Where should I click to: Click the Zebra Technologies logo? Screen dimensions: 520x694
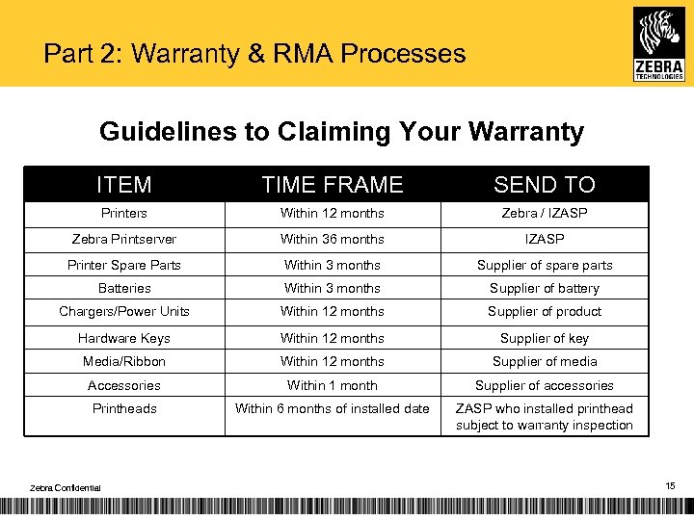[x=658, y=42]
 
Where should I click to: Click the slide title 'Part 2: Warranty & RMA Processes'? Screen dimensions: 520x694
[x=254, y=53]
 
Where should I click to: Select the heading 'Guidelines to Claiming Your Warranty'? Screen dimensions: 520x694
[x=341, y=132]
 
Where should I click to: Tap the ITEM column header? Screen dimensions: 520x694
[x=124, y=184]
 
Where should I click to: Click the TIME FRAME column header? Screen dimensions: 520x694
[x=333, y=184]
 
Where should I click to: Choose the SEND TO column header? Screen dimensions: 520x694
[x=545, y=184]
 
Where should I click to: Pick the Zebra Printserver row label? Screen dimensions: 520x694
[x=124, y=239]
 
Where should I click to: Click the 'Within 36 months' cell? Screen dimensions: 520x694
[x=333, y=239]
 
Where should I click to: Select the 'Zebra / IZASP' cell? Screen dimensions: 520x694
[x=545, y=213]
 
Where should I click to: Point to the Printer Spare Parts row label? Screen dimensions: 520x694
[x=124, y=265]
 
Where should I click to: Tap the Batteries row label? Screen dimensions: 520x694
[x=124, y=288]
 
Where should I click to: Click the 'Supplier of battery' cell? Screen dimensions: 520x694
[x=545, y=288]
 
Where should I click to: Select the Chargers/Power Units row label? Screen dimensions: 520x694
[x=124, y=311]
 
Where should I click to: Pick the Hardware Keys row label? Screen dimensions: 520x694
[x=124, y=338]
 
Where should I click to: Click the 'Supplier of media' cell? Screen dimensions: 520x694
[x=545, y=361]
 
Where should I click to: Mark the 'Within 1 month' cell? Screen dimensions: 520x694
[x=333, y=385]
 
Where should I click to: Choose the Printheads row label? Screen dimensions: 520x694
[x=124, y=408]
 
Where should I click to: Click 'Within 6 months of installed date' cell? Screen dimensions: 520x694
[x=333, y=408]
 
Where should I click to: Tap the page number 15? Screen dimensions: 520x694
[x=670, y=487]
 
